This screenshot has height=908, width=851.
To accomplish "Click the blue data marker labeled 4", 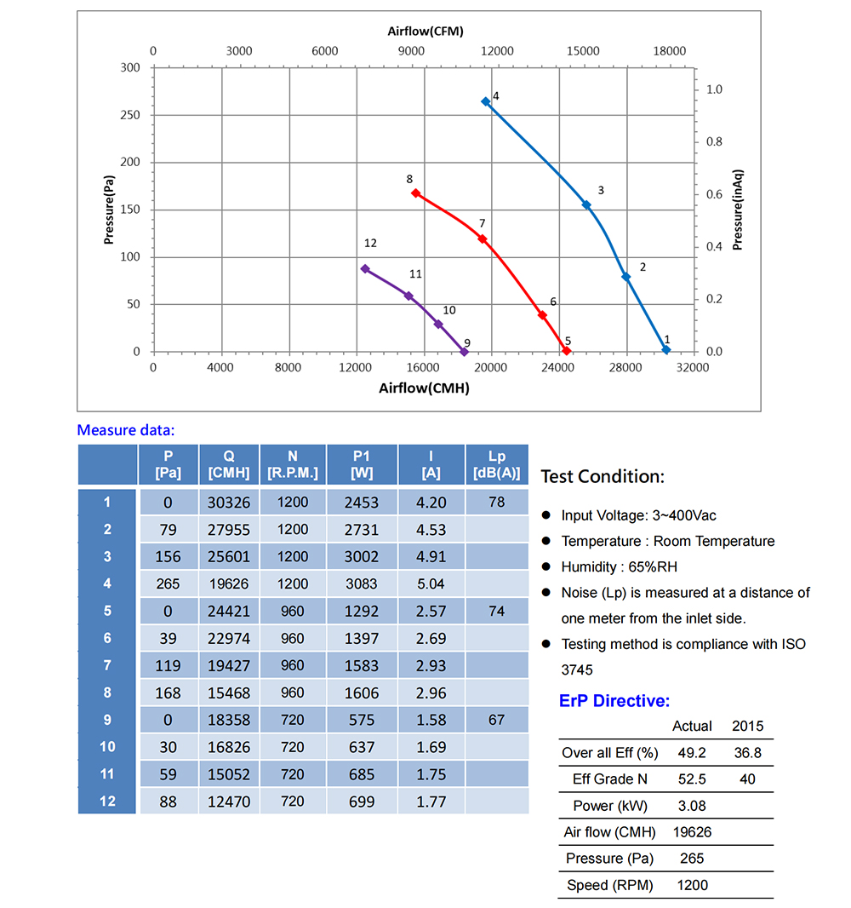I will click(x=486, y=101).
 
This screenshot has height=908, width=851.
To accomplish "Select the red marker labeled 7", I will click(x=483, y=238).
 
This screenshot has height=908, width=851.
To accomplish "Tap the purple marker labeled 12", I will click(x=365, y=268).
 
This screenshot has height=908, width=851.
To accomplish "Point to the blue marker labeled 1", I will click(x=666, y=350).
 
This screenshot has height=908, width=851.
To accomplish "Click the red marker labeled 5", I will click(x=567, y=351).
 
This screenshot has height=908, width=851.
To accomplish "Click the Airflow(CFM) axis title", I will click(x=425, y=32).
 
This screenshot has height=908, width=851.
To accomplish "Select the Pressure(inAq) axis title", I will click(x=738, y=210).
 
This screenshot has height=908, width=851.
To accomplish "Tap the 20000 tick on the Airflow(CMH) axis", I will click(x=491, y=367).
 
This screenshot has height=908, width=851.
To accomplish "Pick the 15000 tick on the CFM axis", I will click(x=584, y=51).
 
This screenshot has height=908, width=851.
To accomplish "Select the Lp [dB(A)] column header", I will click(x=497, y=465).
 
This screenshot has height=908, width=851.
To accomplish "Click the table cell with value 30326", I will click(x=229, y=503).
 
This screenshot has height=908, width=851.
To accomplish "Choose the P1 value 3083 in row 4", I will click(x=362, y=583).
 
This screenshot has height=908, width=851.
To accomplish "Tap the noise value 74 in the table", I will click(x=497, y=611).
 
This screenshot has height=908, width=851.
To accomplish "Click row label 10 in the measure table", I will click(x=107, y=747).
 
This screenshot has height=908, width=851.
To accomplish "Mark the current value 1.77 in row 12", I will click(x=431, y=802).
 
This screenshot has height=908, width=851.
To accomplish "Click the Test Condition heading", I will click(x=603, y=476).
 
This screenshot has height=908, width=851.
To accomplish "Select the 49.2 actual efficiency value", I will click(x=692, y=753).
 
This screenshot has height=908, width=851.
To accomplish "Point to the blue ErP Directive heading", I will click(x=614, y=701).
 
